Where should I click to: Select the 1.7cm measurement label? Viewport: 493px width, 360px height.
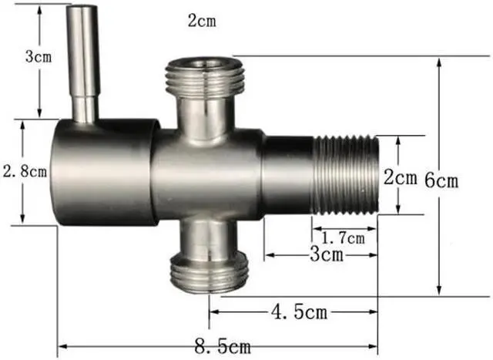(x=343, y=237)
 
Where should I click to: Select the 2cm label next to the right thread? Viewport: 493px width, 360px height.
(x=401, y=177)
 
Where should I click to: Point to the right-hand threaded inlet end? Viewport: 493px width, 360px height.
(x=345, y=176)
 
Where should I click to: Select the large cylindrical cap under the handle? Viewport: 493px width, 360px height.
(x=100, y=171)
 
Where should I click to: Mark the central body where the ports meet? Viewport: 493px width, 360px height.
(x=204, y=173)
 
